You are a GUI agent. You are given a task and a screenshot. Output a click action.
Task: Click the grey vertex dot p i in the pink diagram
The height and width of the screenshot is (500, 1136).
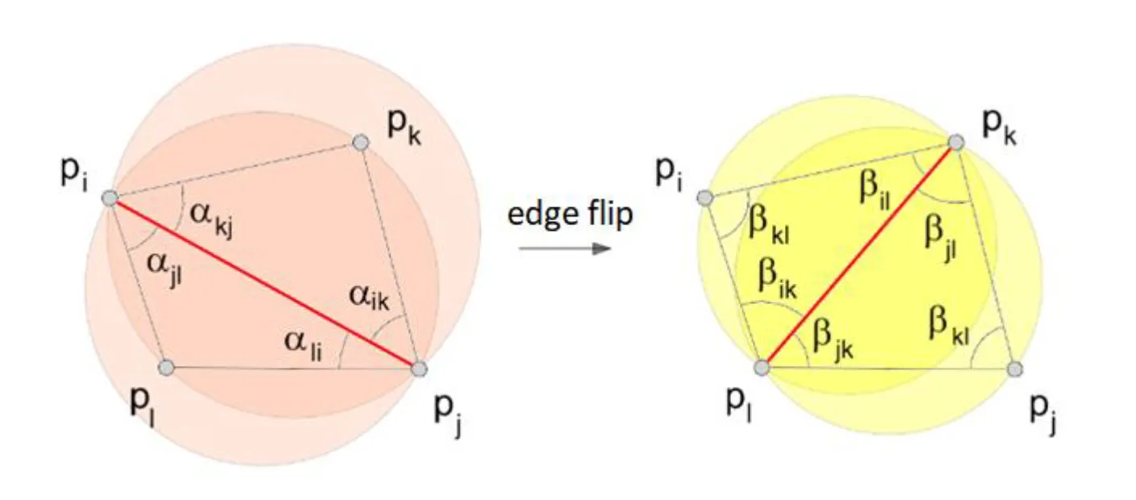pyautogui.click(x=110, y=197)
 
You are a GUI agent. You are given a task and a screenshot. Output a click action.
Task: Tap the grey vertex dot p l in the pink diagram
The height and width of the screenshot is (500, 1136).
pyautogui.click(x=166, y=368)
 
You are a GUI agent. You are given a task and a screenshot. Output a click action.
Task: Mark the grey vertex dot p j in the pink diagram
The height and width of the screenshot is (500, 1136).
pyautogui.click(x=419, y=369)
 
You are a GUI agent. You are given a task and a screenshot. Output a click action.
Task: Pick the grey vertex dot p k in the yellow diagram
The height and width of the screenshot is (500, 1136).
pyautogui.click(x=956, y=143)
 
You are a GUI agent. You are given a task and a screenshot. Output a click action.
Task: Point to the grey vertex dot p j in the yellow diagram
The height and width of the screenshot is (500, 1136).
pyautogui.click(x=1015, y=369)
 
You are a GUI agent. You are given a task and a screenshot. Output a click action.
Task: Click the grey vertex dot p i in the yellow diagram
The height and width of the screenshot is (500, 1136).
pyautogui.click(x=704, y=197)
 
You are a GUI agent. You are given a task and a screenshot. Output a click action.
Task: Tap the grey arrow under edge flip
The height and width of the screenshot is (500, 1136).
pyautogui.click(x=564, y=248)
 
